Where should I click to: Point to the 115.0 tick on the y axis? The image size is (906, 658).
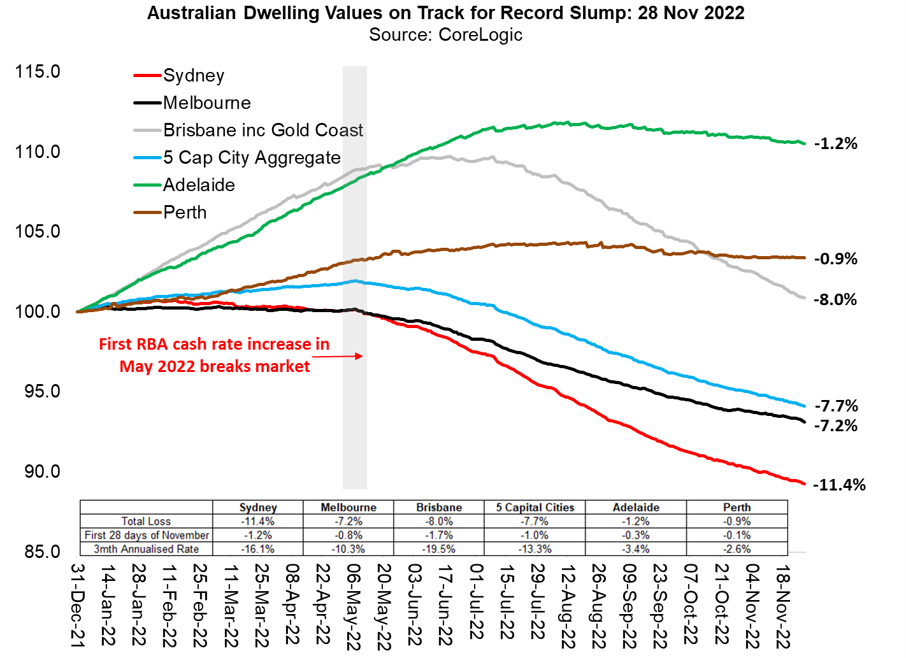pos(38,71)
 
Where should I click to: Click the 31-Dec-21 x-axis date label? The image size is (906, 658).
pos(76,606)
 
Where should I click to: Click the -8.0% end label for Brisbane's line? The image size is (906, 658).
pos(835,299)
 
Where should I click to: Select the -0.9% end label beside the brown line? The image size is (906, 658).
pos(836,259)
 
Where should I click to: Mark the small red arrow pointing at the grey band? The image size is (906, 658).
pos(338,356)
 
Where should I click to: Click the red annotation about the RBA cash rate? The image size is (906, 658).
pos(215,355)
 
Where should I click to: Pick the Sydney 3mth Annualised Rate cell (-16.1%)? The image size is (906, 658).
pos(257,549)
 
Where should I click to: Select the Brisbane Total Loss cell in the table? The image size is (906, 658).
pos(439,521)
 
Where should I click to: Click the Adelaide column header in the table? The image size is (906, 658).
pos(635,508)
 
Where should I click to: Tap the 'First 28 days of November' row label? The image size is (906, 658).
pos(147,535)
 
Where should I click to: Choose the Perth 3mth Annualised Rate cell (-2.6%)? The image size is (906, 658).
pos(737,549)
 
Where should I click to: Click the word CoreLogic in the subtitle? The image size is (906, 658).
pos(480,35)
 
